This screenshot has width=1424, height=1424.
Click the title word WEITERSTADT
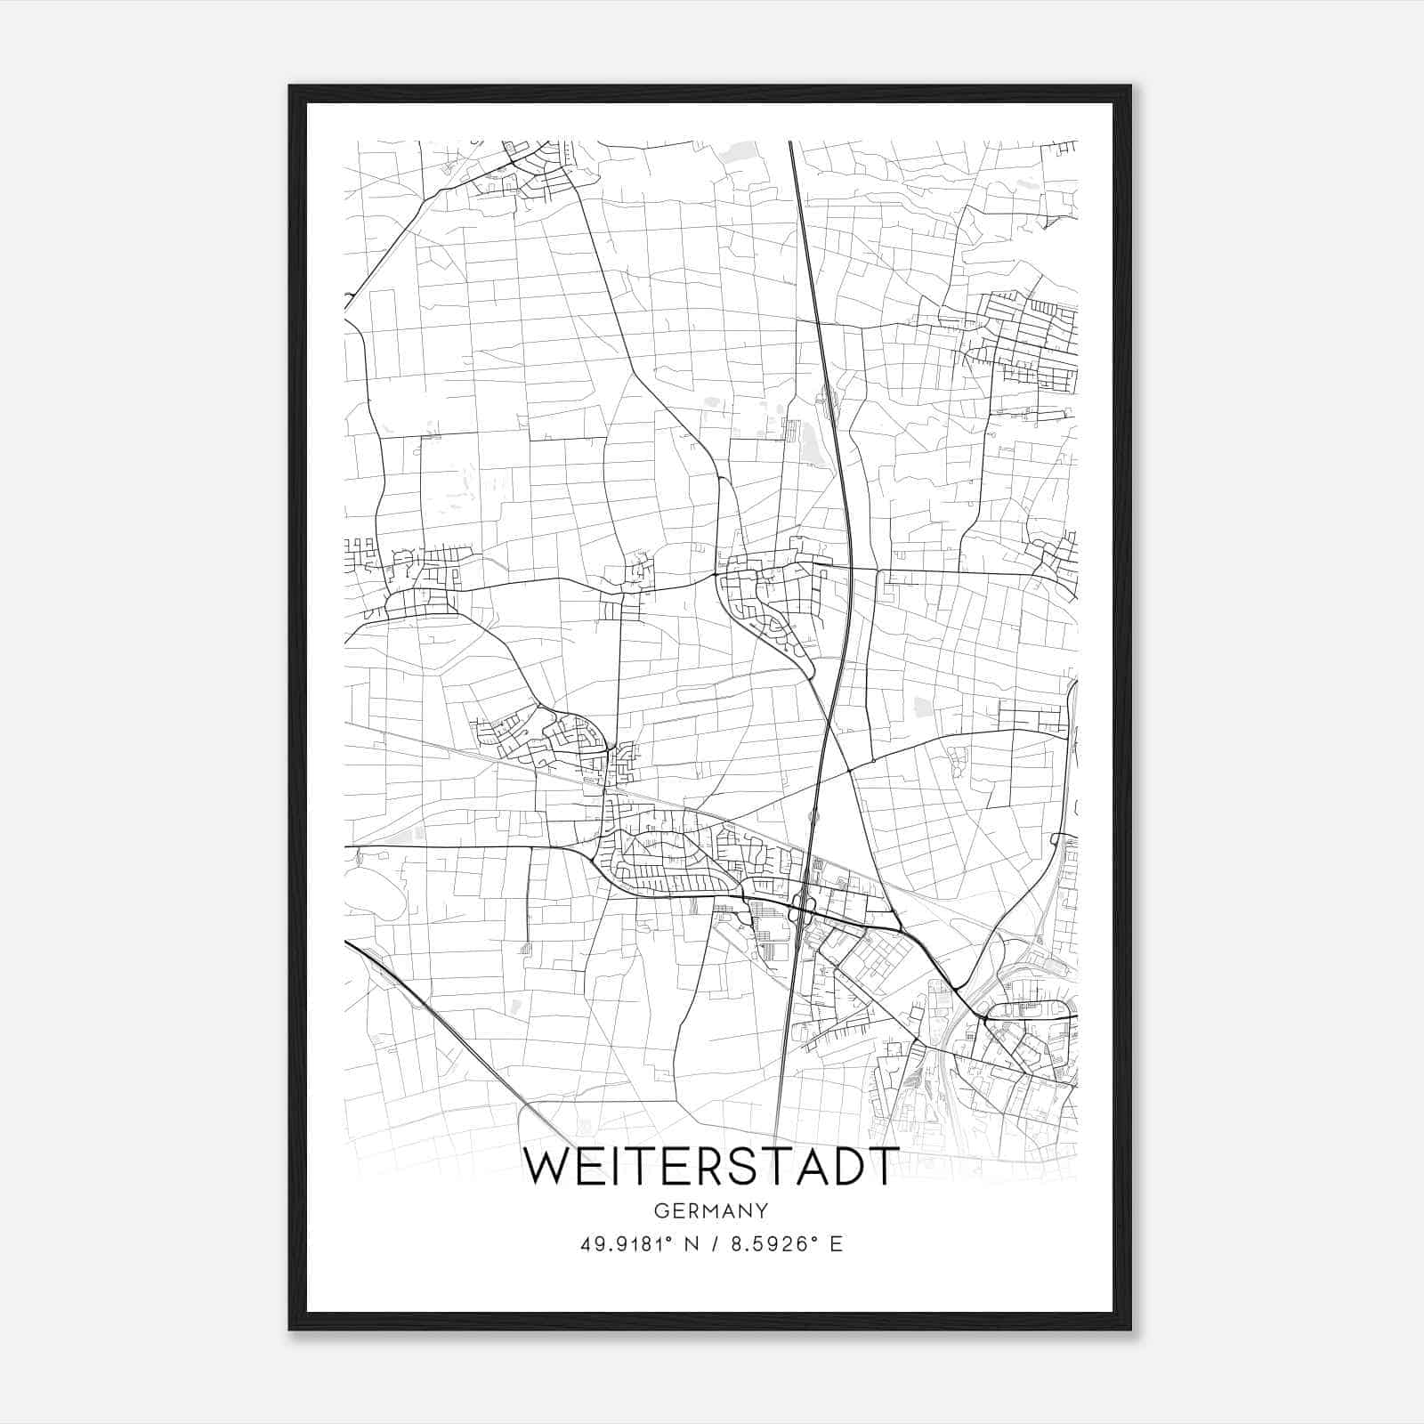pyautogui.click(x=711, y=1167)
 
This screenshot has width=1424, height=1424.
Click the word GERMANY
pyautogui.click(x=711, y=1211)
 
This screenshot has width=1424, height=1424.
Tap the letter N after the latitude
pyautogui.click(x=689, y=1244)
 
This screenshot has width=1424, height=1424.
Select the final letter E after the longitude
pyautogui.click(x=836, y=1244)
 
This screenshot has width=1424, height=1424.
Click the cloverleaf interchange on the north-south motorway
pyautogui.click(x=804, y=910)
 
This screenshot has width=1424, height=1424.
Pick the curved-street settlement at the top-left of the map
pyautogui.click(x=525, y=174)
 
